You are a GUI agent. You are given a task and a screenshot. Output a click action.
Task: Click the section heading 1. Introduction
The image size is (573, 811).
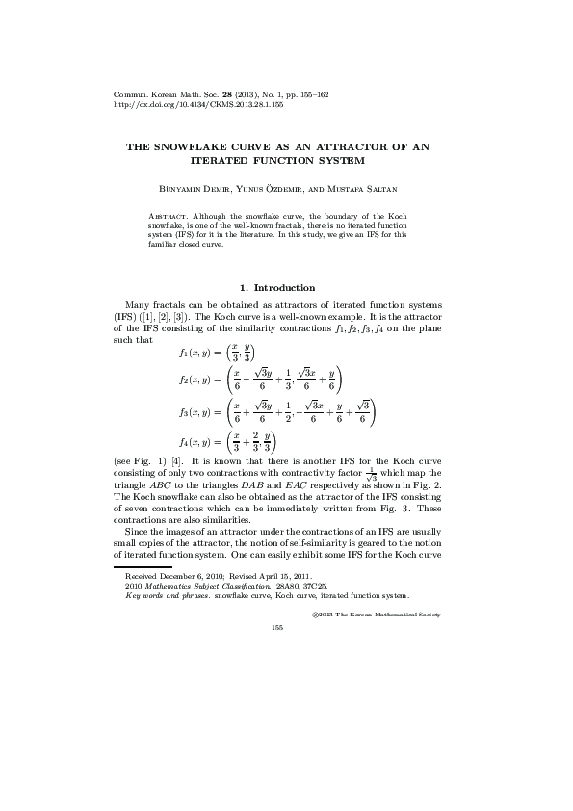276,287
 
